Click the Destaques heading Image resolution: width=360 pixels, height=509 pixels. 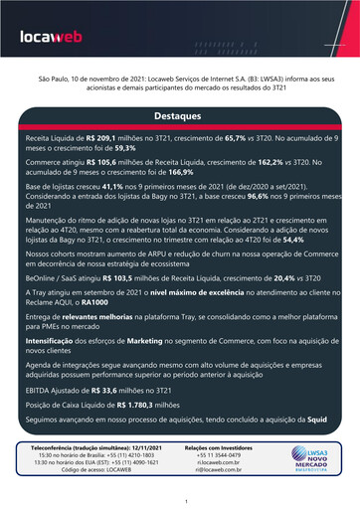(x=179, y=117)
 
